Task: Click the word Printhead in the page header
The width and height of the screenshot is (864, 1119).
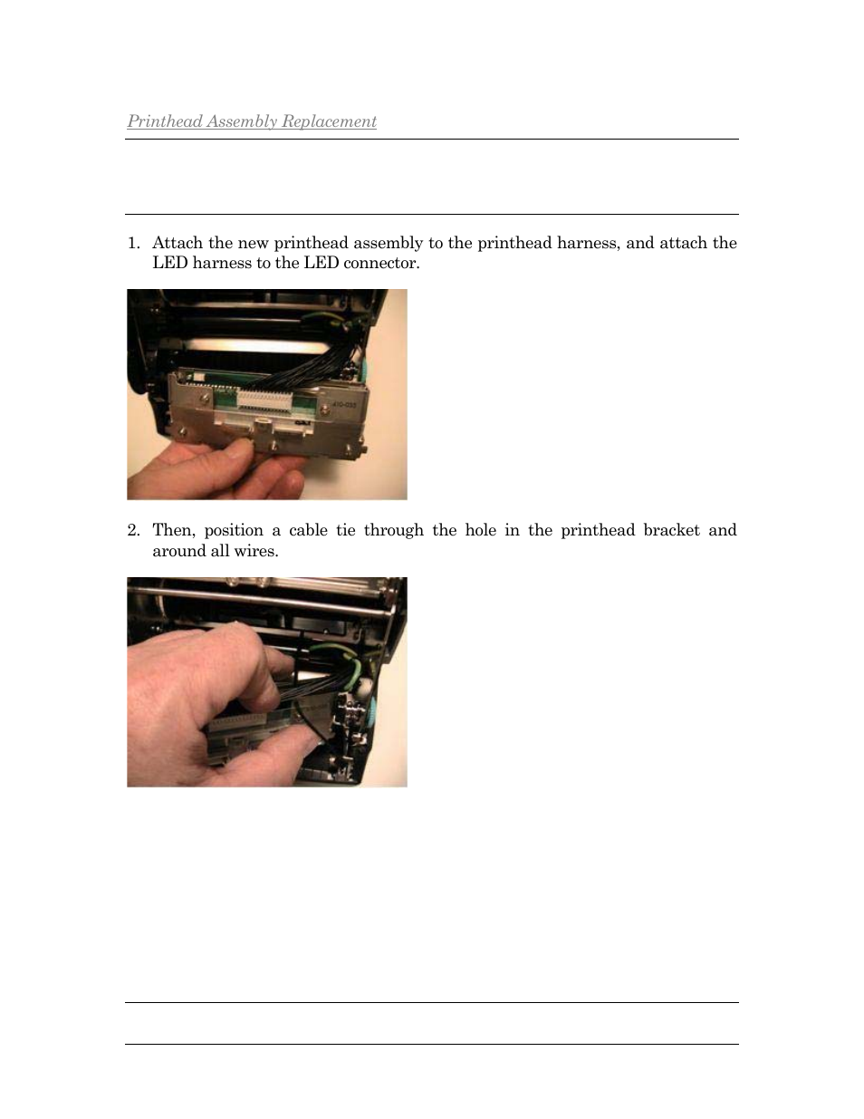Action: (165, 121)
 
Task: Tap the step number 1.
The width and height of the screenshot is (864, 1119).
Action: (133, 243)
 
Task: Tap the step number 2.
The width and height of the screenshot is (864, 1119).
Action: (133, 530)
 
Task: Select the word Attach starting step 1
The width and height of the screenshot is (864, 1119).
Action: (178, 243)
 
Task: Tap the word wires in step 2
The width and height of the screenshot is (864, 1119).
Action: (256, 551)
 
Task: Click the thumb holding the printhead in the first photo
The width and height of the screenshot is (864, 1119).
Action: (222, 453)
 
